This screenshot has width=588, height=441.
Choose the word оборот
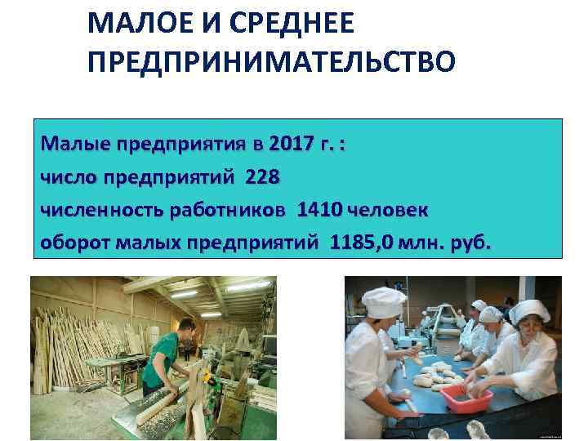coord(75,243)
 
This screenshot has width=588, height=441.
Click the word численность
coord(102,210)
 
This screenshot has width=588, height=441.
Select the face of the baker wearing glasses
coord(528,333)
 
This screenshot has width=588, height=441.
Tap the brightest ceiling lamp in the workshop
coord(185,292)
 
